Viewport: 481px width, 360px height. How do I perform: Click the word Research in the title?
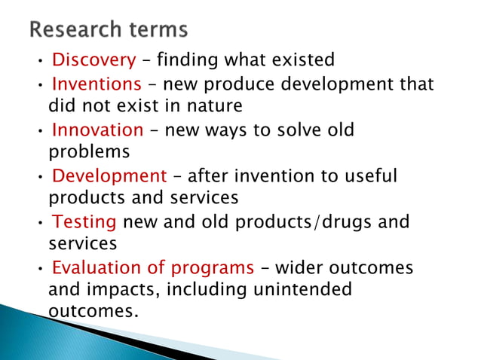[x=77, y=31]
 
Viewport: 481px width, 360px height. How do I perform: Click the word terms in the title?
[x=158, y=31]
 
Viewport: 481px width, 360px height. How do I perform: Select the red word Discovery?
[x=93, y=59]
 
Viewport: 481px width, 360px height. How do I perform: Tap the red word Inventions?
[x=97, y=84]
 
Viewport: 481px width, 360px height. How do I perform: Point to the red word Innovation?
[x=97, y=130]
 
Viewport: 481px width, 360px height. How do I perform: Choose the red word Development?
[x=109, y=176]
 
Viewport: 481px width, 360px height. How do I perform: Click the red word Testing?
[x=84, y=222]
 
